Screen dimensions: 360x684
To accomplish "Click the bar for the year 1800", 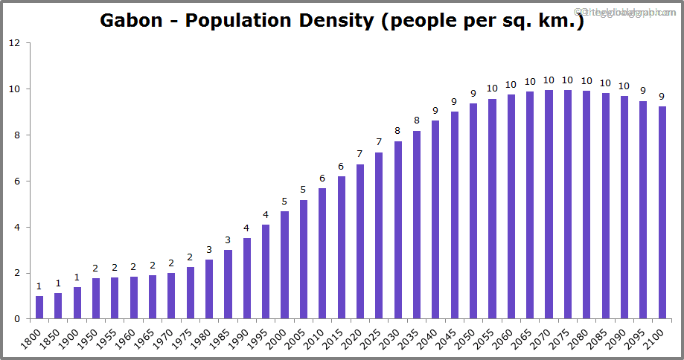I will [39, 307].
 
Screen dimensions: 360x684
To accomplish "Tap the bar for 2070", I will [549, 205].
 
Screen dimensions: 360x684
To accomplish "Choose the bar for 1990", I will [247, 278].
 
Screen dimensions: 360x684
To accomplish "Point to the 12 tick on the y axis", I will [15, 43].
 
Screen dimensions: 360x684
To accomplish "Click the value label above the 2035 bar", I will [417, 120].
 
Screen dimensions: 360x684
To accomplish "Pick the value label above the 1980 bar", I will [209, 249].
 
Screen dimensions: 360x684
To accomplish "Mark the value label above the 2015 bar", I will [342, 166].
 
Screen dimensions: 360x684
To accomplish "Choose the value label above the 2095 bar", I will [643, 90].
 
